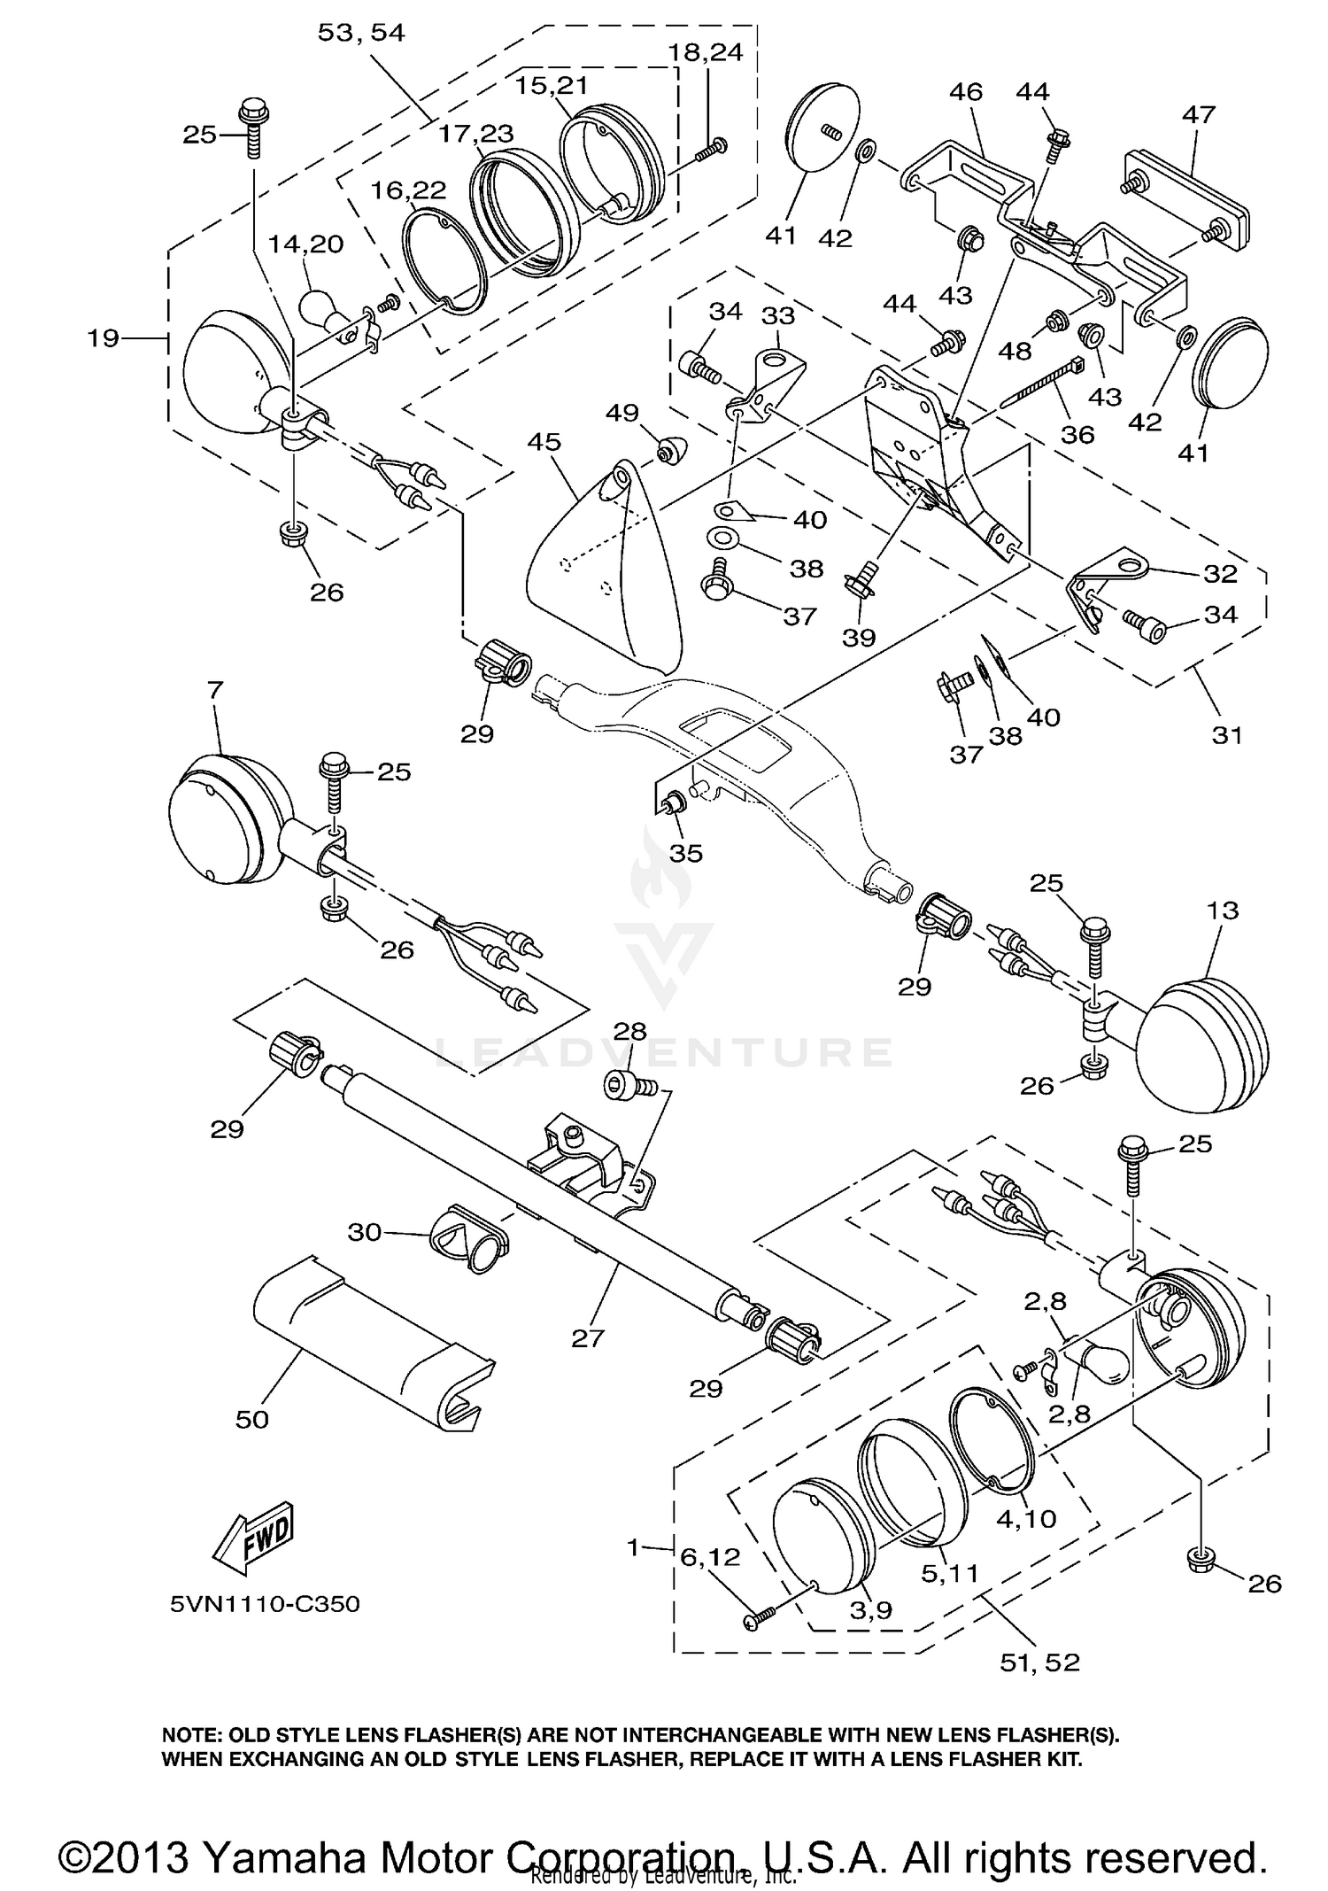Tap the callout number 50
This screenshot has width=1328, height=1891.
pyautogui.click(x=251, y=1419)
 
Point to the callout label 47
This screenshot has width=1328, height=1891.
pyautogui.click(x=1199, y=114)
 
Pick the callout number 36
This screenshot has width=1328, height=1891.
pyautogui.click(x=1077, y=435)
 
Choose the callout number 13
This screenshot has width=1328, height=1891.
pyautogui.click(x=1222, y=910)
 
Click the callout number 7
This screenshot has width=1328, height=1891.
pyautogui.click(x=216, y=688)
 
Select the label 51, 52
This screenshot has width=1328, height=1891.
pyautogui.click(x=1040, y=1662)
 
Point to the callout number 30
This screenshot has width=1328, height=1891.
pyautogui.click(x=365, y=1231)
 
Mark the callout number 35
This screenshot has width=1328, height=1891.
pyautogui.click(x=686, y=853)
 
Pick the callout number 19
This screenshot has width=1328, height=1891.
pyautogui.click(x=104, y=337)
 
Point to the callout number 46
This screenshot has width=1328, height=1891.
pyautogui.click(x=966, y=91)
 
